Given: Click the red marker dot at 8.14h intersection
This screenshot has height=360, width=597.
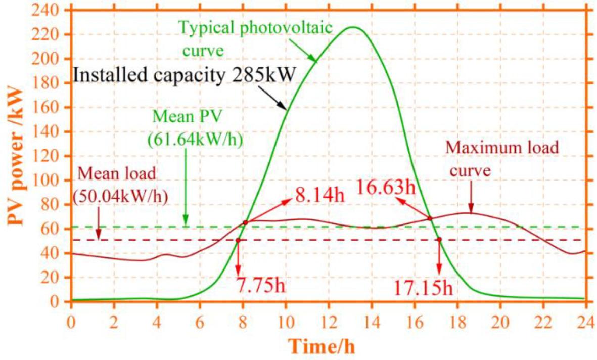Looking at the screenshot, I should point(245,222).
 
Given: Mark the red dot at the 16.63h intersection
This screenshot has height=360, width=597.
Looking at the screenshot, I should point(430,218).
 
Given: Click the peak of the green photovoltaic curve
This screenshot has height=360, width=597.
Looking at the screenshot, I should point(353,27).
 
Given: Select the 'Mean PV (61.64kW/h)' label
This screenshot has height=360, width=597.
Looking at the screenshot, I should point(195,129).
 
